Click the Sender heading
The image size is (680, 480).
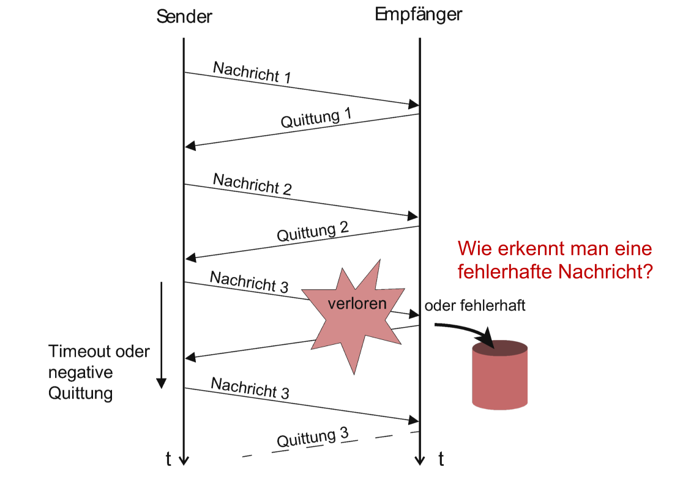pyautogui.click(x=184, y=17)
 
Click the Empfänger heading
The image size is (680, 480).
pyautogui.click(x=418, y=15)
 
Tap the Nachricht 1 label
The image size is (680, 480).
pyautogui.click(x=252, y=72)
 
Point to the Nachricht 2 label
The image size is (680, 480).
pyautogui.click(x=252, y=184)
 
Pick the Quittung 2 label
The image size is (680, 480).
pyautogui.click(x=313, y=232)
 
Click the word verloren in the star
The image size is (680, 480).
pyautogui.click(x=357, y=304)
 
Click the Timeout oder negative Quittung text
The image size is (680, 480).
pyautogui.click(x=99, y=372)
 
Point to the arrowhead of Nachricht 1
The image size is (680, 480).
pyautogui.click(x=413, y=105)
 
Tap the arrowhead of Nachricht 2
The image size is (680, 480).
pyautogui.click(x=413, y=217)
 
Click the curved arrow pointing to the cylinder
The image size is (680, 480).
pyautogui.click(x=466, y=331)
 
